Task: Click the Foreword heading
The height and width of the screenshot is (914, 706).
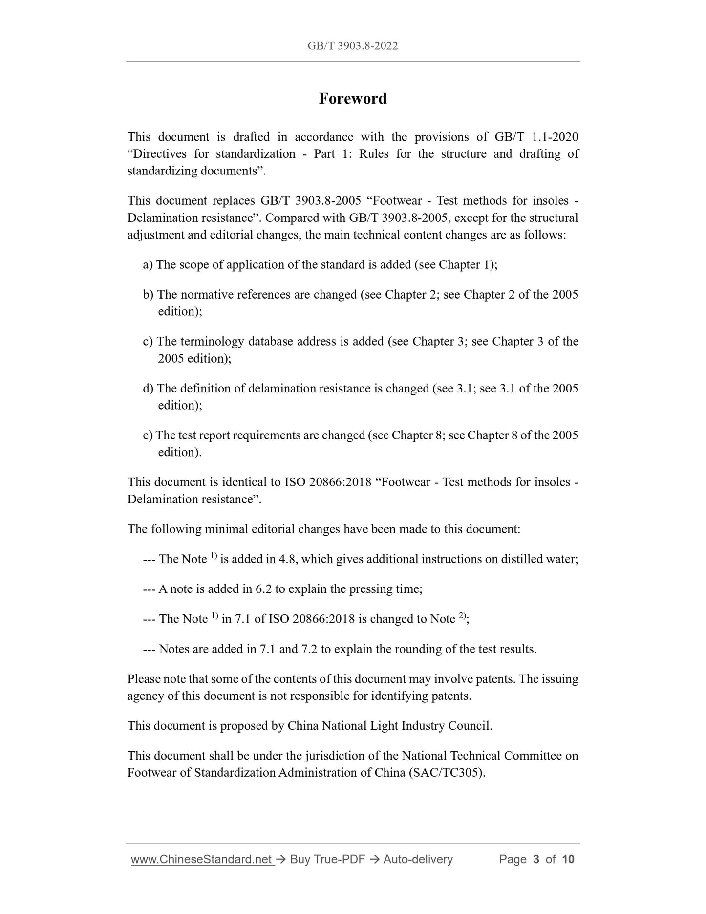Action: click(353, 99)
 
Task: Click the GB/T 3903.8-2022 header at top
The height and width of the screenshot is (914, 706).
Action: click(353, 46)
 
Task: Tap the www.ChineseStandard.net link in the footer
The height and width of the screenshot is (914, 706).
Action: click(201, 859)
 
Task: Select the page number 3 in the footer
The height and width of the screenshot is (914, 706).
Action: click(536, 859)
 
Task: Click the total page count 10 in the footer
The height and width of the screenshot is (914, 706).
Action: click(568, 859)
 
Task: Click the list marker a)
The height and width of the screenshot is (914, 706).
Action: click(148, 265)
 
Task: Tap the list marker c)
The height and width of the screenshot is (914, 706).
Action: click(148, 341)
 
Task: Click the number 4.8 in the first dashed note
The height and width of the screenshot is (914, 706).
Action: click(286, 559)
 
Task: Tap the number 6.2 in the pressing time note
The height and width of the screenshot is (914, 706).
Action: click(263, 589)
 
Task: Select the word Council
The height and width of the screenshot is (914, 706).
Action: click(470, 726)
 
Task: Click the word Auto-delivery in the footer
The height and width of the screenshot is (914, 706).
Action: click(418, 859)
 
